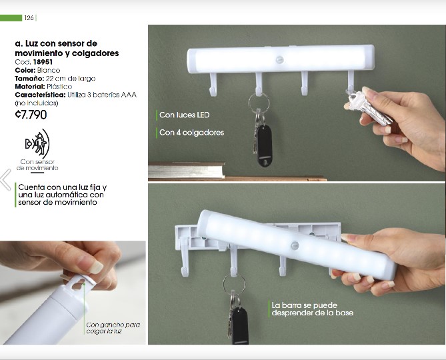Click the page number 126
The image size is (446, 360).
coord(29,18)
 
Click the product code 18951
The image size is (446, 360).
coord(43,62)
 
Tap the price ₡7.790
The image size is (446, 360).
coord(31,115)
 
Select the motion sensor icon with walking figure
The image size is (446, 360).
coord(37,143)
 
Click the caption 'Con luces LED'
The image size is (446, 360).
coord(184,115)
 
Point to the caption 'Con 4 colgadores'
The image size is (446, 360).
coord(191,133)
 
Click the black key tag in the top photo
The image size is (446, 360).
coord(264,145)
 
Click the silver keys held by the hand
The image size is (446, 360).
coord(369,107)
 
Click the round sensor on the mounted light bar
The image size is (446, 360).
coord(279,60)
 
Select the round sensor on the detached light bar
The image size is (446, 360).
coord(295,245)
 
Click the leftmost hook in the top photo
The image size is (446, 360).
coord(213,85)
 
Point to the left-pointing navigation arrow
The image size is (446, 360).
coord(5,179)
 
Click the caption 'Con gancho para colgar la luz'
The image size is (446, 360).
coord(113,328)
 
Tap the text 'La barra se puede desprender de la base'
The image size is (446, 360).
coord(312,309)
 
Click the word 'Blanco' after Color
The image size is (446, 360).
coord(49,70)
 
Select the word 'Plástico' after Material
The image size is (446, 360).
coord(59,87)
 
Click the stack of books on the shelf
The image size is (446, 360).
coord(186,170)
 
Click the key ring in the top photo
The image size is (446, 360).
coord(259,103)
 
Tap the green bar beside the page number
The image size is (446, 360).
coord(11,18)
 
